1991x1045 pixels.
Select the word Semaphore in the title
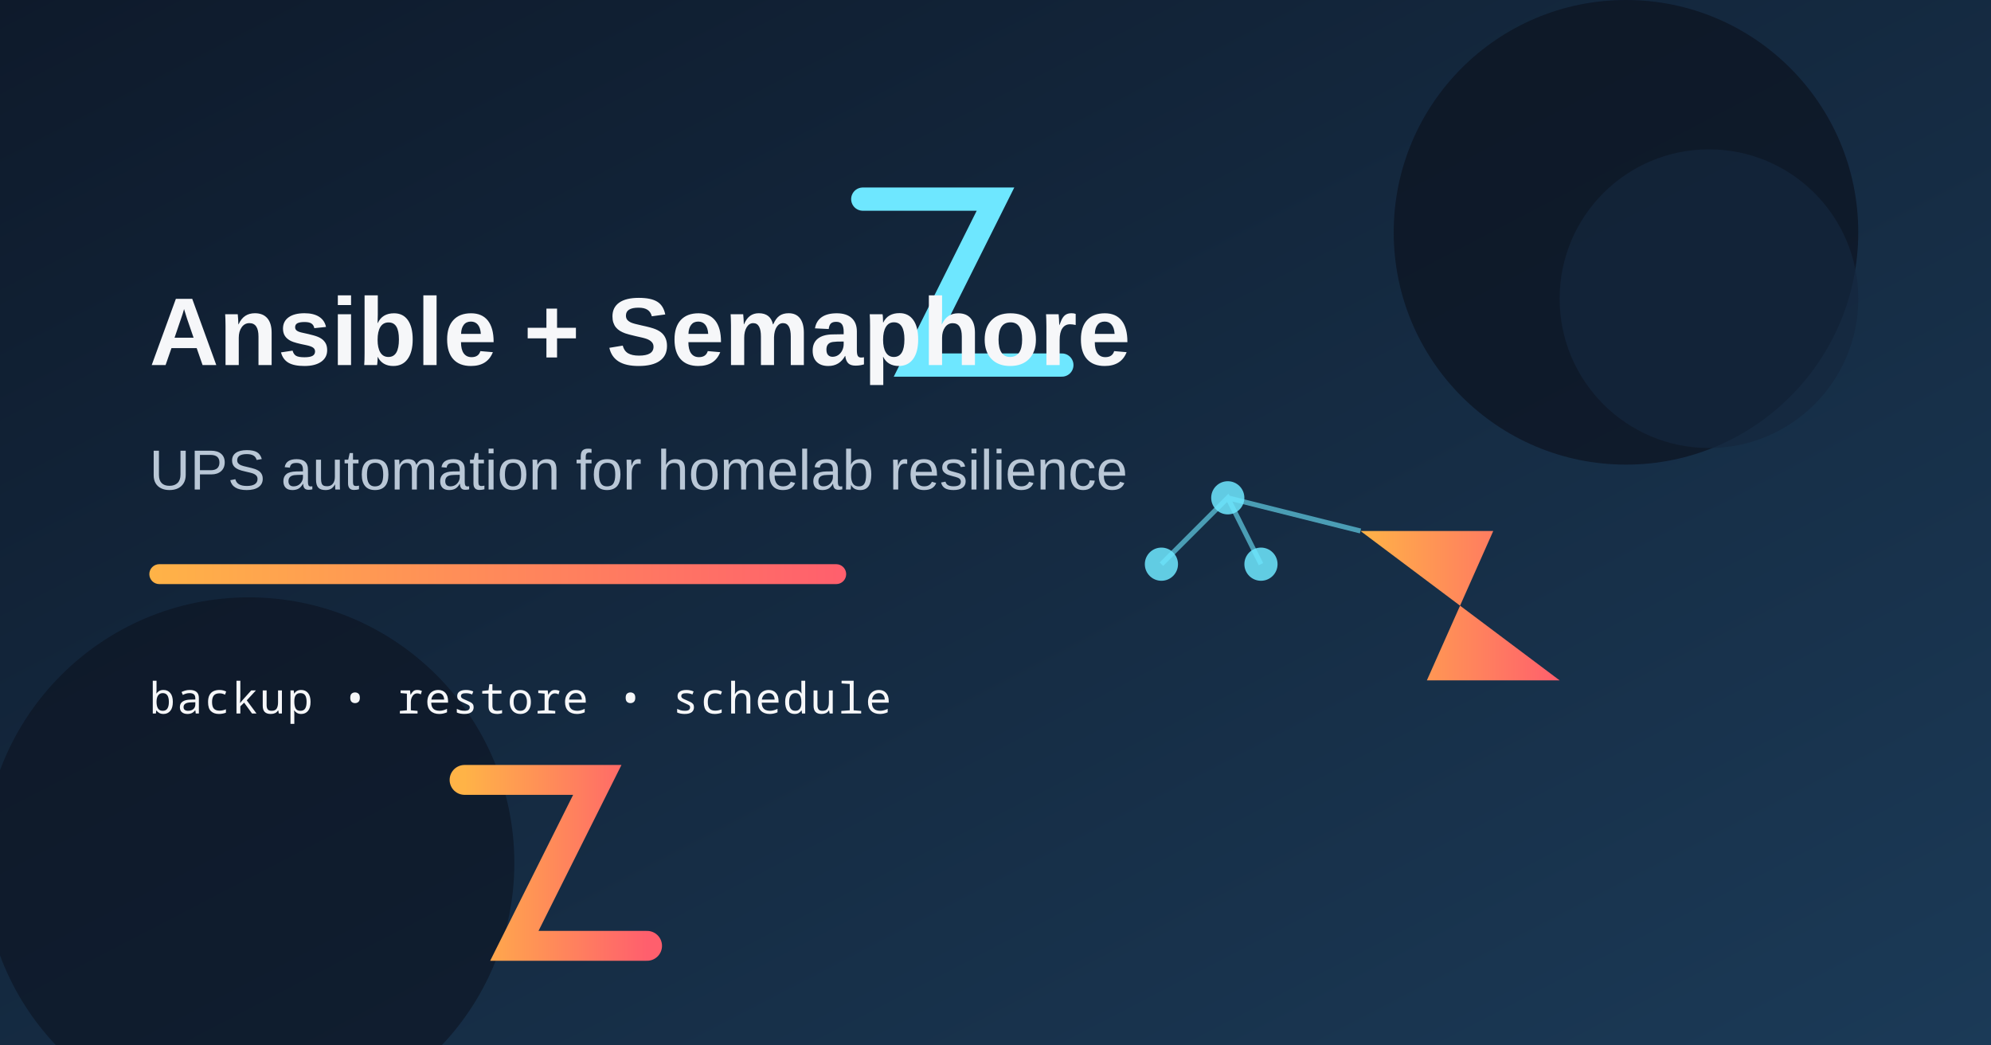[x=867, y=332]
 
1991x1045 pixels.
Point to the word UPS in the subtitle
[x=206, y=471]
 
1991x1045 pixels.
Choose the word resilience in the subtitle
[x=1007, y=471]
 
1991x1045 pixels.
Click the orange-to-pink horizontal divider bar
[x=497, y=574]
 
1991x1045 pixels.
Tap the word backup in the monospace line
[x=231, y=699]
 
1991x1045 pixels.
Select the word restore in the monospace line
[x=492, y=699]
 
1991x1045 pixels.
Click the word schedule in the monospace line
[x=782, y=699]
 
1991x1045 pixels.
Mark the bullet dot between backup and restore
[x=355, y=699]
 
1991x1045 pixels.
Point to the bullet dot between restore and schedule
[x=631, y=699]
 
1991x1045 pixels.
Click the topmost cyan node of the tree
[x=1227, y=498]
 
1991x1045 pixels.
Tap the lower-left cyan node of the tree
[x=1161, y=564]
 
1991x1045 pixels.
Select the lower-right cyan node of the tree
[x=1261, y=564]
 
